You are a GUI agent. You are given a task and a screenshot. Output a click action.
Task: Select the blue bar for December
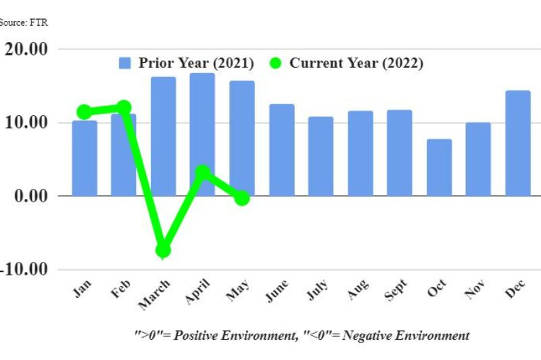coord(518,143)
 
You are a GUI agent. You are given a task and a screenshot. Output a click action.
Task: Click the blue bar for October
coord(440,168)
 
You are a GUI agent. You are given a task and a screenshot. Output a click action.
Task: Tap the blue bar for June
coord(282,150)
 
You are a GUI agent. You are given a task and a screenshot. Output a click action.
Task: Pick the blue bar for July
coord(321,156)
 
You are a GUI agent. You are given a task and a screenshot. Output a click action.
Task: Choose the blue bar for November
coord(478,159)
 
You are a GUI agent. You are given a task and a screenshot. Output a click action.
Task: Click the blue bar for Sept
coord(400,153)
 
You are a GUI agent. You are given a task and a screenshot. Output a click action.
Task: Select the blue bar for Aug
coord(360,154)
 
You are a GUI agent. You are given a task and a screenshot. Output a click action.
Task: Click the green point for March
coord(163,250)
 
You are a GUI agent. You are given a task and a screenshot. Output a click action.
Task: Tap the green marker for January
coord(85,112)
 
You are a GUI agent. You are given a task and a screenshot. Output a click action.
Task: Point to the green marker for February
coord(124,108)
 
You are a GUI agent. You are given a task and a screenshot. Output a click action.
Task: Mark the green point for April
coord(202,173)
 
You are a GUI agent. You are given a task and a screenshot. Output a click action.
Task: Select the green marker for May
coord(241,198)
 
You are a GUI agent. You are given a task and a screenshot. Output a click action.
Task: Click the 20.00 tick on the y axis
coord(26,49)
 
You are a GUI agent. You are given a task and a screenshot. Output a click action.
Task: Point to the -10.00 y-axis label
coord(24,269)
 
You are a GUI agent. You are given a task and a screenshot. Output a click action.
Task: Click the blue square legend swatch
coord(125,63)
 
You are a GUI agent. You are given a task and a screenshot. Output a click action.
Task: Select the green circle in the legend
coord(275,63)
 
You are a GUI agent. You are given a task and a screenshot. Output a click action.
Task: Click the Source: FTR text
coord(24,22)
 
